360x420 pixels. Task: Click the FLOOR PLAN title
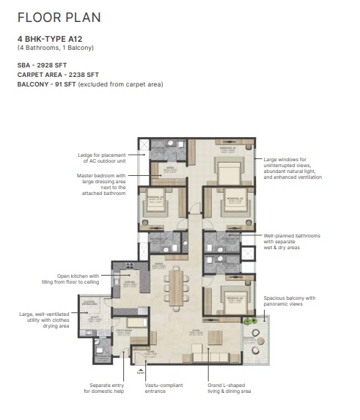click(x=59, y=16)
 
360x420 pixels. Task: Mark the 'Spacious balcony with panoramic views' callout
click(x=289, y=301)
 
